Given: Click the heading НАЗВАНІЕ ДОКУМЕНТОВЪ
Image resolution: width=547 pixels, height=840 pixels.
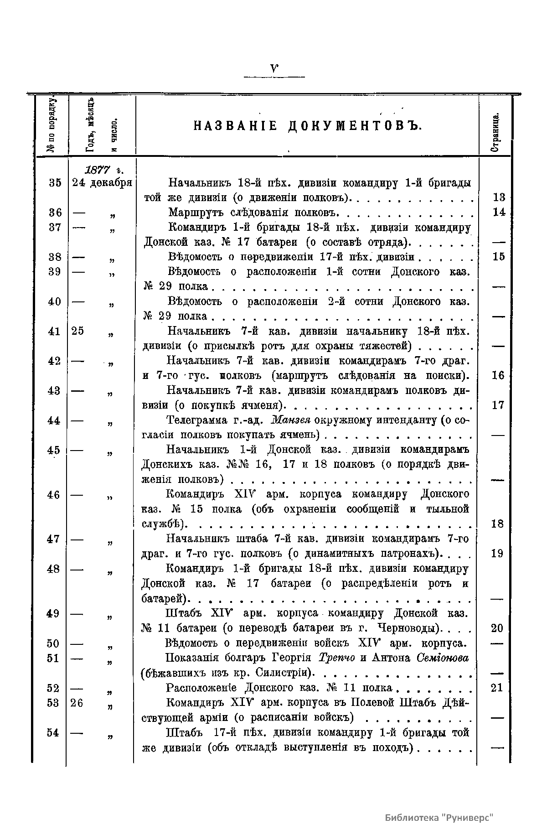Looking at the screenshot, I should [x=306, y=125].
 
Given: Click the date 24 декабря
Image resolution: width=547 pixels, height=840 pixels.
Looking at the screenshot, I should [x=102, y=183].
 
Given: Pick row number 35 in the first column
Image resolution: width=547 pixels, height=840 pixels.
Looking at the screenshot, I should [x=55, y=183].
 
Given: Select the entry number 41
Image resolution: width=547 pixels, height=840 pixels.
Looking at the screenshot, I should [x=54, y=332].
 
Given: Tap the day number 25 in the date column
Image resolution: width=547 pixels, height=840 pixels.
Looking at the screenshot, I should [x=77, y=332].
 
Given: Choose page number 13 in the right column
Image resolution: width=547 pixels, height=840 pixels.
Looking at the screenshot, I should [x=499, y=198].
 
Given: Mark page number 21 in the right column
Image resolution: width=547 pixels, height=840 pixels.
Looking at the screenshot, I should [x=497, y=688].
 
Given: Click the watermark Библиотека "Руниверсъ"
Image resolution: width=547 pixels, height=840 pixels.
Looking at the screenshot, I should [x=439, y=817].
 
